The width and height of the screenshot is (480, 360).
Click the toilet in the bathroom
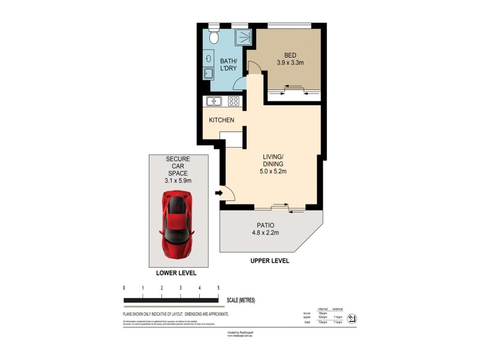click(x=213, y=37)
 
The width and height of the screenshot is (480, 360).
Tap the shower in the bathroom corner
click(x=239, y=37)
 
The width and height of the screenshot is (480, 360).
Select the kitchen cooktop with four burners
click(x=233, y=101)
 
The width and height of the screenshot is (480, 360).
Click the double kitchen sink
click(x=214, y=101)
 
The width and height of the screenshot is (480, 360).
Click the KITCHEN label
click(x=221, y=120)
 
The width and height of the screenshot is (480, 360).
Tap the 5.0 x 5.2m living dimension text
click(x=273, y=171)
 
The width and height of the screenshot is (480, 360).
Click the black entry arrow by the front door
click(x=218, y=193)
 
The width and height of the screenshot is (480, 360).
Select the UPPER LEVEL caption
click(x=270, y=261)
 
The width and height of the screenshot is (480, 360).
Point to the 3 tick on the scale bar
click(x=181, y=289)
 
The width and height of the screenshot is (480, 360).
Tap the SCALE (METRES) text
click(x=245, y=300)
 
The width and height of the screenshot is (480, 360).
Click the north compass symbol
click(x=352, y=317)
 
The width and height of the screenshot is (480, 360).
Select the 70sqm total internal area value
click(x=322, y=323)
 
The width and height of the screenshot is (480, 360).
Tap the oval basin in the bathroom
click(x=208, y=58)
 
